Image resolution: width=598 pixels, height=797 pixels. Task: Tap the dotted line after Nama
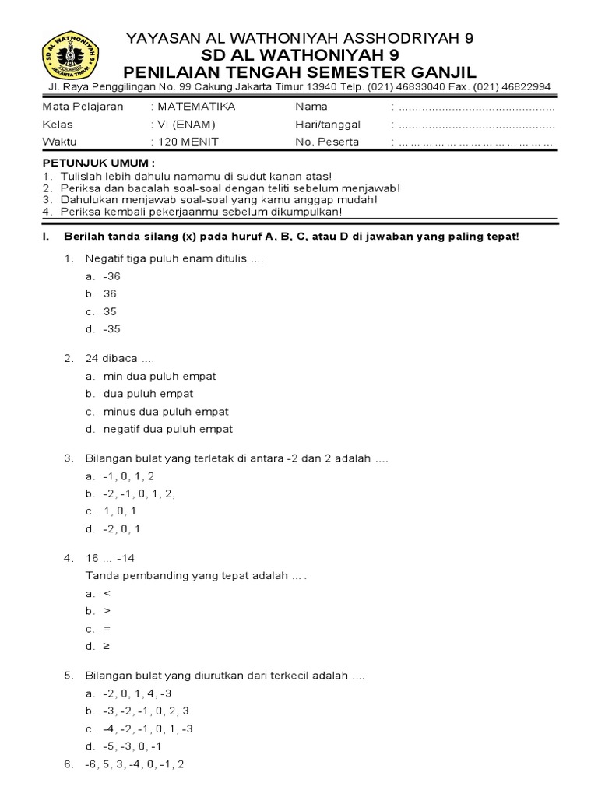point(477,107)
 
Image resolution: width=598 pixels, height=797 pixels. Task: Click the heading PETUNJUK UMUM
point(98,164)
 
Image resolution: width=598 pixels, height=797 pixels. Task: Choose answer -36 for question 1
point(112,276)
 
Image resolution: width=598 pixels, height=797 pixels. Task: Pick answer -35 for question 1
point(112,328)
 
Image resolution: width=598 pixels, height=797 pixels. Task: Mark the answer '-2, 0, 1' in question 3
point(122,529)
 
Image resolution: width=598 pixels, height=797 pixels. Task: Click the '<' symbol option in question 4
point(107,593)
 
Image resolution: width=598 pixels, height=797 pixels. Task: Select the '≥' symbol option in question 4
point(107,646)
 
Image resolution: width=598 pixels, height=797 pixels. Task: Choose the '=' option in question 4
point(107,629)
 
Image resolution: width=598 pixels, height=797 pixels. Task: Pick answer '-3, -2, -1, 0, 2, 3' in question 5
point(146,711)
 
